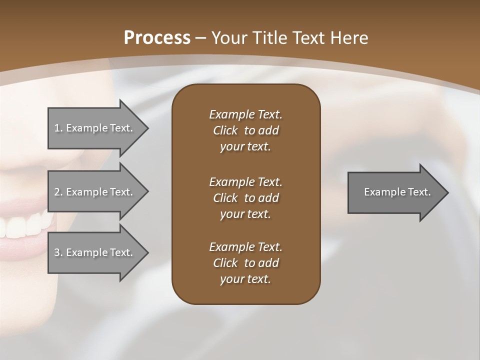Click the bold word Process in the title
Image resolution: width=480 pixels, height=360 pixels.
click(157, 38)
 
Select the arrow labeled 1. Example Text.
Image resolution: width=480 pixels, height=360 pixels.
click(95, 128)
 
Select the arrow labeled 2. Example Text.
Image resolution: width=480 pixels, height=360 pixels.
click(95, 192)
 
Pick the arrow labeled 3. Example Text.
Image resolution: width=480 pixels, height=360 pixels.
click(95, 252)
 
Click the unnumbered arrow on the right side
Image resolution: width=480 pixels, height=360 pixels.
click(395, 192)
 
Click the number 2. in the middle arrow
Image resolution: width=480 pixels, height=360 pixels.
click(58, 192)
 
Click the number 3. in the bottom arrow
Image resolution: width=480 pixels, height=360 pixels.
click(58, 252)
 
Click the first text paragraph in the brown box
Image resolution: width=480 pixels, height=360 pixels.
click(245, 130)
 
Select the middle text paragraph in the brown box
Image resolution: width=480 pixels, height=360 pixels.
click(245, 198)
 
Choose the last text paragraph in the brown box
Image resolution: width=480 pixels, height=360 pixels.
click(245, 263)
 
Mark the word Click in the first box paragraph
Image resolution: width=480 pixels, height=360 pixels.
click(225, 130)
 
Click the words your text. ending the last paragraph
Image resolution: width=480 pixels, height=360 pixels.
click(245, 279)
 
